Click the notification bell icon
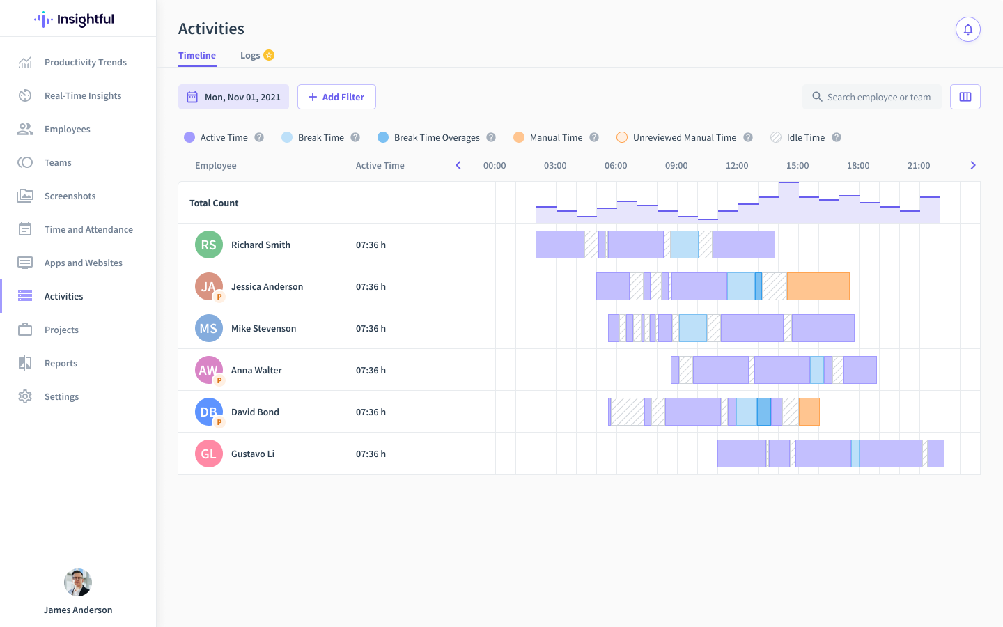click(x=968, y=29)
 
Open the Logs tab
click(x=250, y=56)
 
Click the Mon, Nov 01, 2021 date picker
click(x=234, y=97)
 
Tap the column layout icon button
click(x=965, y=97)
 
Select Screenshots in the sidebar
click(x=70, y=196)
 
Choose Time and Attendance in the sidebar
click(x=88, y=230)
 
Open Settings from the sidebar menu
click(x=61, y=397)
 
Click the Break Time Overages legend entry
click(x=436, y=138)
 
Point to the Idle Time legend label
click(x=805, y=138)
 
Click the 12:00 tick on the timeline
click(x=737, y=166)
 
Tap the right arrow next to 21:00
click(x=973, y=166)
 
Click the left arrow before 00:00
click(x=458, y=166)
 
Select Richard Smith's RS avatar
click(x=209, y=245)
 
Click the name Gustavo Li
click(x=253, y=454)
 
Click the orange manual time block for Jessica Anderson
click(x=818, y=286)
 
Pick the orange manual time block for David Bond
click(x=809, y=412)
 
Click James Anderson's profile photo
click(x=78, y=582)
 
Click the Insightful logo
click(x=75, y=20)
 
